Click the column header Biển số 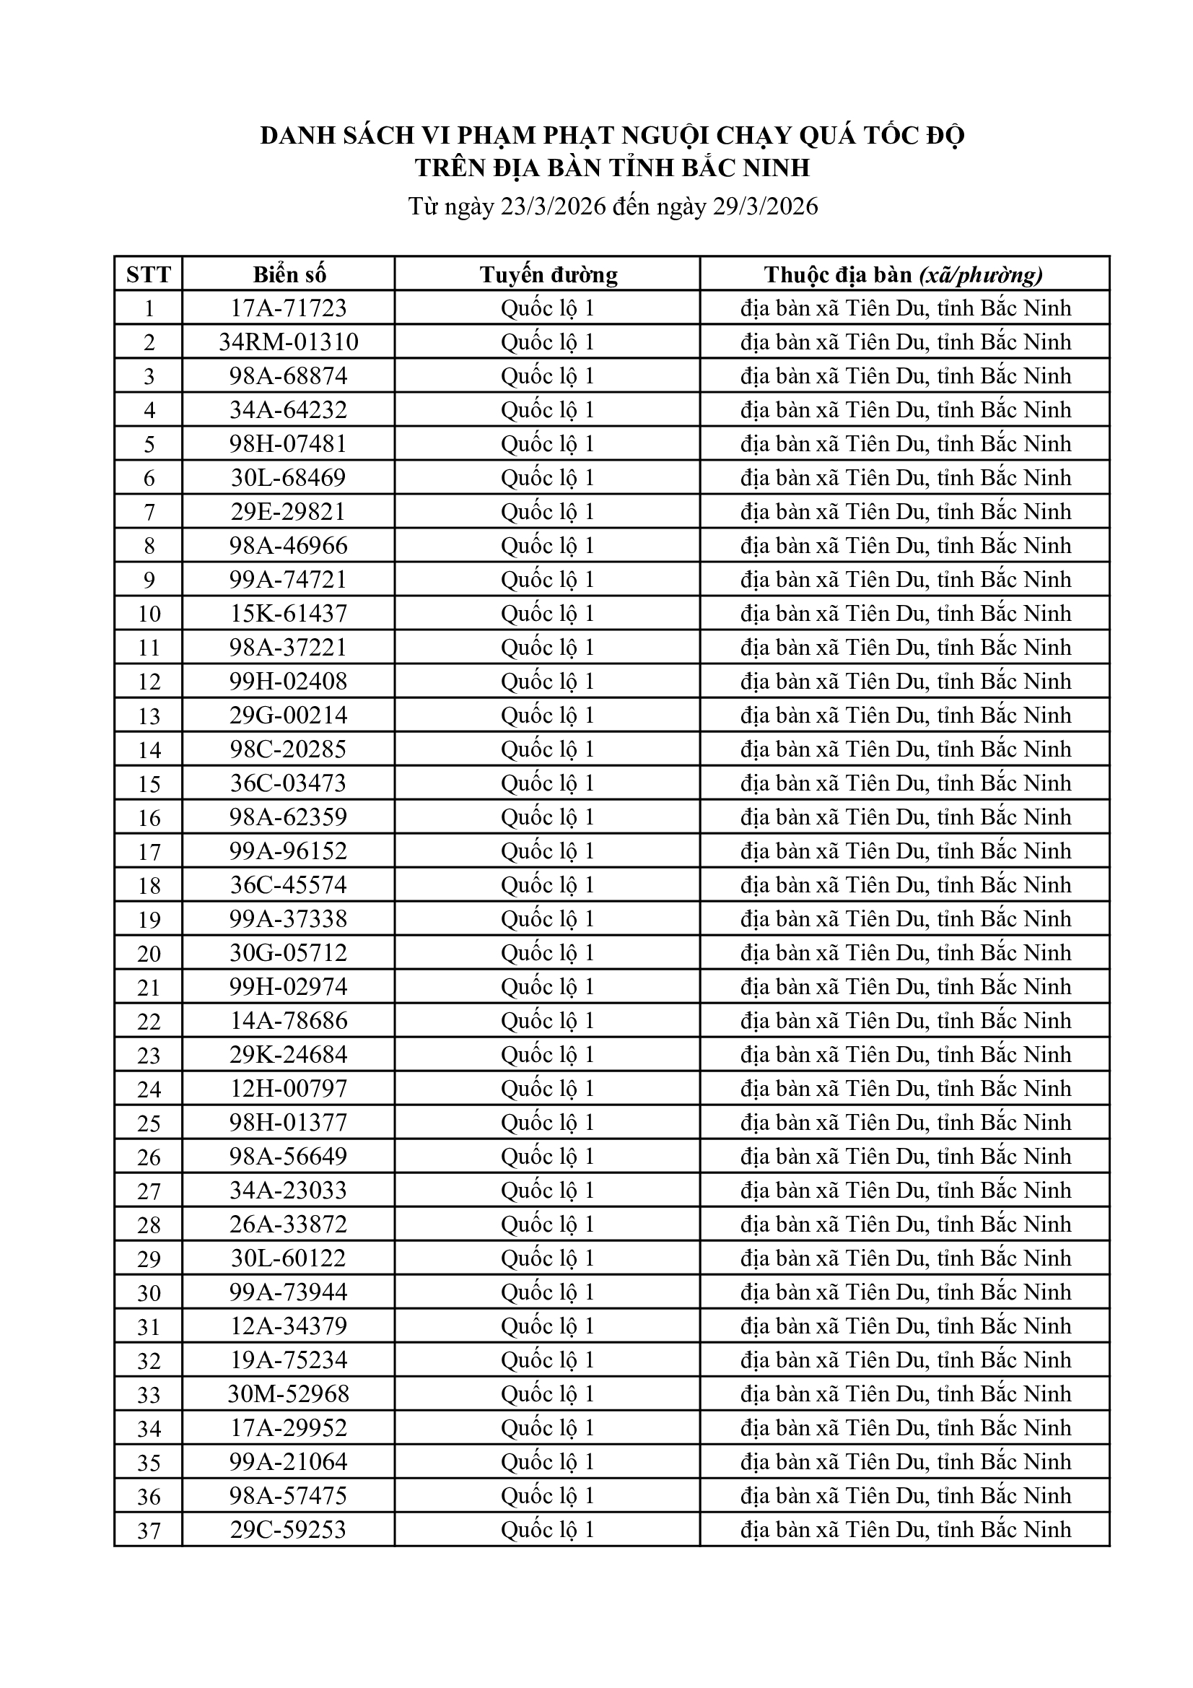[289, 274]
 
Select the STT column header [149, 274]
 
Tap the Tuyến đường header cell [548, 274]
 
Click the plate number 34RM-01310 [289, 342]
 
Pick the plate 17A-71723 [289, 308]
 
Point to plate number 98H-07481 [289, 444]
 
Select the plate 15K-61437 [289, 613]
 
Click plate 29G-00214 [289, 715]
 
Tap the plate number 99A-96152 [289, 850]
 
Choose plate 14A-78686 [289, 1020]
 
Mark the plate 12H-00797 [289, 1088]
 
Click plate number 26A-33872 [289, 1224]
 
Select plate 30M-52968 [289, 1394]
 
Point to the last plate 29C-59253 [289, 1529]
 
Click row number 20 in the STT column [149, 954]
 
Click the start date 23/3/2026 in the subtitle [553, 206]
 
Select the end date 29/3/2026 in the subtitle [765, 206]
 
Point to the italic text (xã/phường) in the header [981, 274]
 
